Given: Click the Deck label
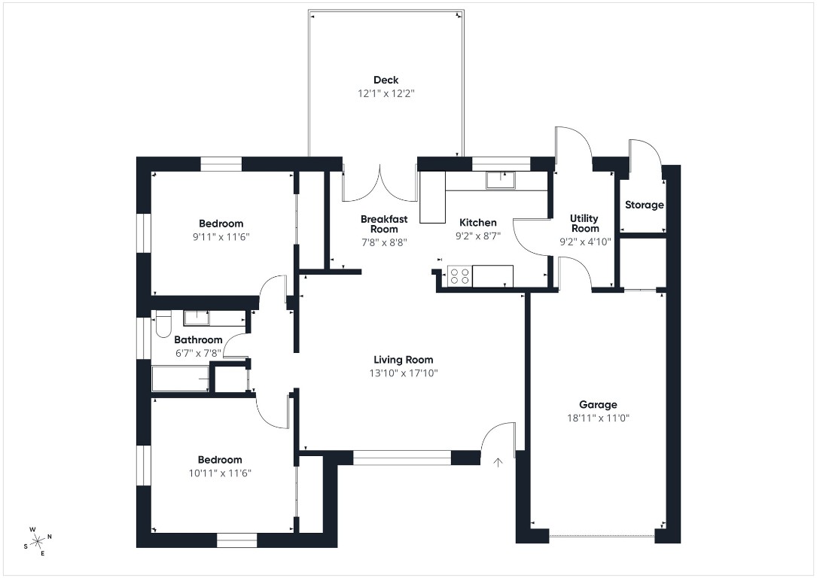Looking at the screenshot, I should pos(386,80).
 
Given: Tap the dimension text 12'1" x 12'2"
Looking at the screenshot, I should pos(386,94).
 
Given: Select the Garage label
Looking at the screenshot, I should pos(598,404).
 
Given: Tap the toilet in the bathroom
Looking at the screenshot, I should pos(162,327).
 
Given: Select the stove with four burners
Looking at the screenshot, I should pos(459,276).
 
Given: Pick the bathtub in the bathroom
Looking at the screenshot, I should pos(180,379).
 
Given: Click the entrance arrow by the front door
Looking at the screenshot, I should pos(497,461).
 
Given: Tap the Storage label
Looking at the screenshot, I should pos(644,205).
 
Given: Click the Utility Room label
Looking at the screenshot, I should pos(585,224).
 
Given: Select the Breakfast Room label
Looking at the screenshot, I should pos(384,224).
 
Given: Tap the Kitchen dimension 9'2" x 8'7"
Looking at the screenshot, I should pos(478,236).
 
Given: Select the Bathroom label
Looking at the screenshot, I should pos(198,339).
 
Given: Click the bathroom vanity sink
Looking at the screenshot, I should pos(197,318).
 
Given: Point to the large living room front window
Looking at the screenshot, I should pos(402,457).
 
